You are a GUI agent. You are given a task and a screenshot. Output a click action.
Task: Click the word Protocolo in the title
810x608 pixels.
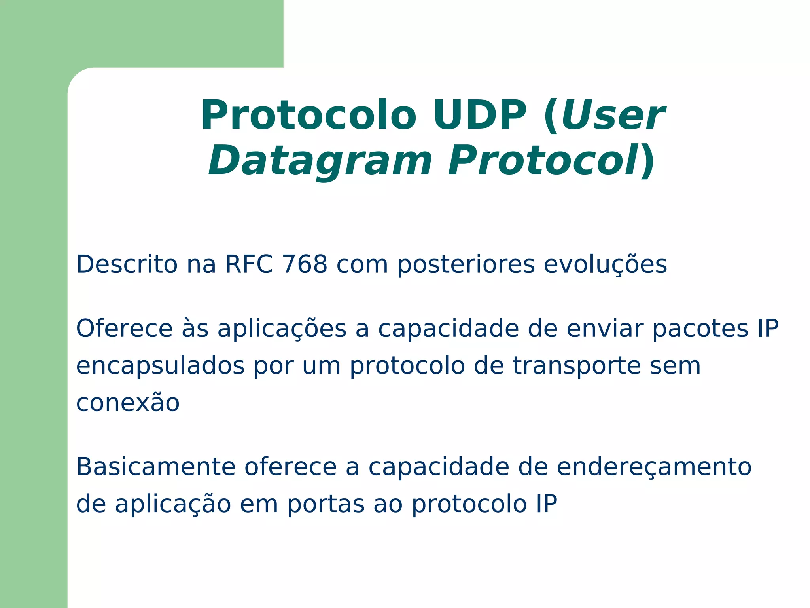tap(308, 116)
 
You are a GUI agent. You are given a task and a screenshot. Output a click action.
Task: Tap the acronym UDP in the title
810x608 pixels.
tap(479, 116)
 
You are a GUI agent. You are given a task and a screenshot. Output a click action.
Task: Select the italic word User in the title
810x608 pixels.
tap(613, 116)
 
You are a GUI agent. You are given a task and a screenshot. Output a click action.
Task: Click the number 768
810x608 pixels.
tap(305, 264)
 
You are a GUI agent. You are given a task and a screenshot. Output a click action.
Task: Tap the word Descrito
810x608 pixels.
tap(127, 264)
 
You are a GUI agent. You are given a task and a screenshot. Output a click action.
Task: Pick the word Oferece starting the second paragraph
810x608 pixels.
tap(124, 329)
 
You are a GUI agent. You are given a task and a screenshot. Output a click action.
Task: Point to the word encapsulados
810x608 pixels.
tap(160, 366)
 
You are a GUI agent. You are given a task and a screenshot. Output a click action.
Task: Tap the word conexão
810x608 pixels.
tap(128, 403)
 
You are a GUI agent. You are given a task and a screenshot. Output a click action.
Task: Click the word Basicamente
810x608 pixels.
tap(156, 467)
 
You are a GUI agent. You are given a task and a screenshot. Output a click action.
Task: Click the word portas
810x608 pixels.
tap(326, 505)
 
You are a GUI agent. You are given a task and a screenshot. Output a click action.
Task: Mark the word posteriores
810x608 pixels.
tap(466, 264)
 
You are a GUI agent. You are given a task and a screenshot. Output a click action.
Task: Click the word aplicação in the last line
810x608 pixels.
tap(173, 505)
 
